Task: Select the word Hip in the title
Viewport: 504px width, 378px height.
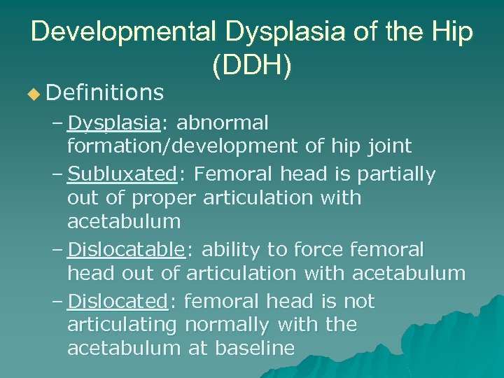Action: click(x=451, y=32)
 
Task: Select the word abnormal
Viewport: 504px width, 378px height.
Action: click(x=223, y=123)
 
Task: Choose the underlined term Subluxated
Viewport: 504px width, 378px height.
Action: click(x=122, y=174)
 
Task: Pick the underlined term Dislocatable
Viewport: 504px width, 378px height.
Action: click(x=127, y=249)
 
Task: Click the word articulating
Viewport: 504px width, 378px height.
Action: click(x=123, y=325)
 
